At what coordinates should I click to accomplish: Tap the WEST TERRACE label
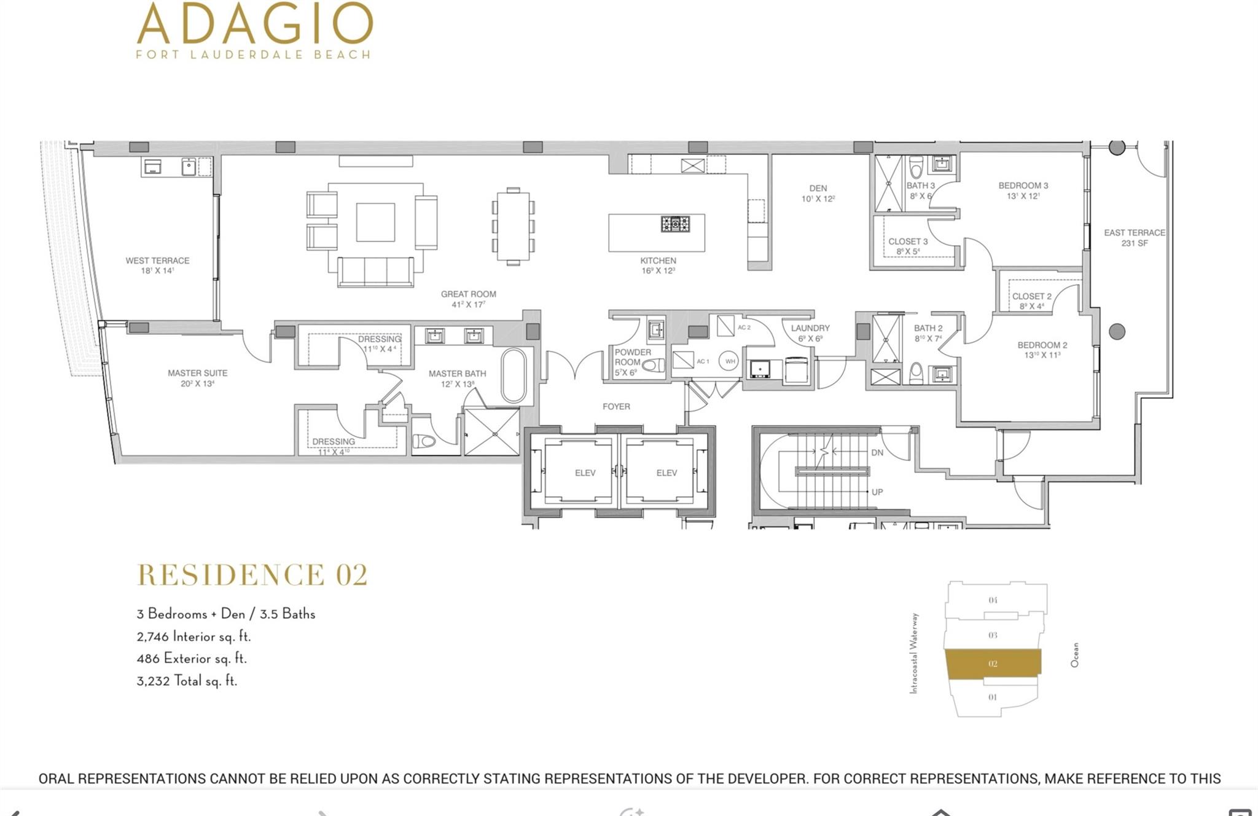click(157, 265)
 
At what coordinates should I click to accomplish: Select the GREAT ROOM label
click(468, 299)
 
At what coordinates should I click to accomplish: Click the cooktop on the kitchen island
click(675, 224)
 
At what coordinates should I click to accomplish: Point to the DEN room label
click(818, 193)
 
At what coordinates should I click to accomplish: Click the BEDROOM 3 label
click(1023, 190)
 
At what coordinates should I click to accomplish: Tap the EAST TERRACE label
click(1134, 237)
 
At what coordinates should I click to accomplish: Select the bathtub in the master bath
click(514, 375)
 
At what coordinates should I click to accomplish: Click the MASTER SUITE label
click(197, 377)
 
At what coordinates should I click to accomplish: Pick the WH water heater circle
click(729, 361)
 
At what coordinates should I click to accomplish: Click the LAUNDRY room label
click(810, 332)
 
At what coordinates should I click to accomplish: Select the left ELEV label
click(585, 473)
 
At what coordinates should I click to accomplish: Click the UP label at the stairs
click(877, 492)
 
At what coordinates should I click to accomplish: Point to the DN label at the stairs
click(877, 453)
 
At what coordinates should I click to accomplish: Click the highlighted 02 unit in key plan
click(993, 664)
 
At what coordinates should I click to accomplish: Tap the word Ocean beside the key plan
click(1074, 655)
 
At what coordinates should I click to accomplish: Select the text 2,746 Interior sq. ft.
click(193, 636)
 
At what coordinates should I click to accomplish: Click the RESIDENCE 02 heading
click(252, 575)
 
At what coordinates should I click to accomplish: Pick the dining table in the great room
click(513, 226)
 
